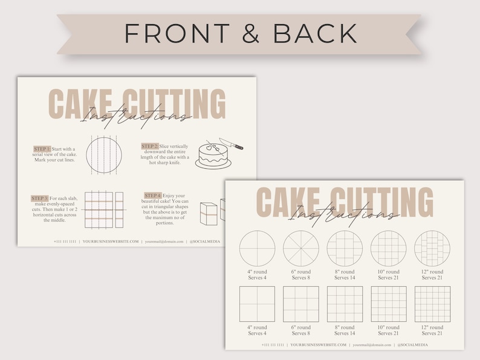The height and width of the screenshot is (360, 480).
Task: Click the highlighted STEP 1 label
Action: point(42,148)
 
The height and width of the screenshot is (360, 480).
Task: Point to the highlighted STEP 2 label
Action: point(150,146)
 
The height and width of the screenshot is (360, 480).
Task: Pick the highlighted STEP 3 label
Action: point(40,198)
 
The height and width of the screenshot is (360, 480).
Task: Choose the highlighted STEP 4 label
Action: point(153,195)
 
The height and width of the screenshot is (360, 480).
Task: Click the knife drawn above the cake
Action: point(231,143)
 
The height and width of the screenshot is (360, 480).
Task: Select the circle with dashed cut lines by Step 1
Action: point(104,155)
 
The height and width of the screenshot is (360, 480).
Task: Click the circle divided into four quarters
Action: point(258,249)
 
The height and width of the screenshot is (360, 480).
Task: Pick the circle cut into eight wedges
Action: point(300,249)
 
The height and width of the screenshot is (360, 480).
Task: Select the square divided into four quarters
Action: point(258,304)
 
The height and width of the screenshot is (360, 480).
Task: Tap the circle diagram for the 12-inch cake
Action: point(432,249)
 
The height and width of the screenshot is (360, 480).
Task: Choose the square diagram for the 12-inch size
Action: point(432,304)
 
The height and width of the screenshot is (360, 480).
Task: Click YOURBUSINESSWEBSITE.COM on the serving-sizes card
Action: point(319,345)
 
